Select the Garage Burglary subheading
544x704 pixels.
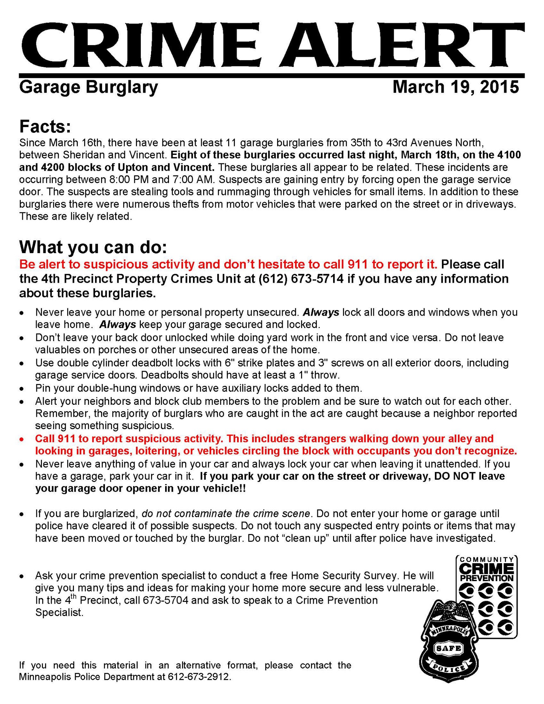[x=88, y=87]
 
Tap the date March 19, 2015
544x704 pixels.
[x=455, y=87]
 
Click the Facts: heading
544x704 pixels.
[x=45, y=127]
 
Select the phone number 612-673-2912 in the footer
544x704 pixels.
[x=199, y=677]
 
